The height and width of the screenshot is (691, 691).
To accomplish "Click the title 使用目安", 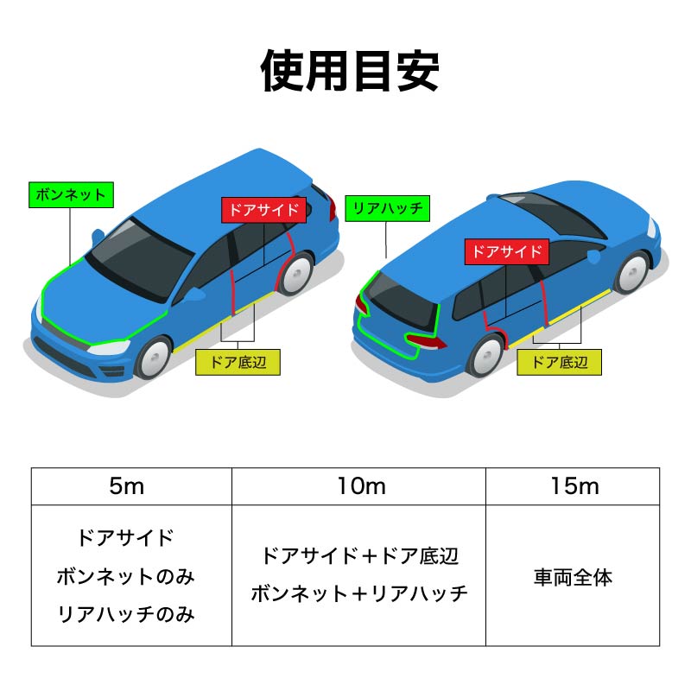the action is click(350, 71).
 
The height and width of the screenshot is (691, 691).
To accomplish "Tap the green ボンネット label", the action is click(71, 195).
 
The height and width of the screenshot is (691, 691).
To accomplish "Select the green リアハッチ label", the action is click(387, 208).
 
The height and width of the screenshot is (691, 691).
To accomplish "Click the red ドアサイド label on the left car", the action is click(263, 210).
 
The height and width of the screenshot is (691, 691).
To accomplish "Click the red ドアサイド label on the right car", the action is click(507, 252).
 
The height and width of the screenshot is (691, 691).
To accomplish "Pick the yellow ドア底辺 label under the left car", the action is click(238, 362).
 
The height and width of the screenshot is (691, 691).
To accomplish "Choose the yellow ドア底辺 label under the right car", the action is click(559, 362).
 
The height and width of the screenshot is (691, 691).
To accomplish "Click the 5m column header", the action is click(127, 486).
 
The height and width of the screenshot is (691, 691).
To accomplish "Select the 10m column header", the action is click(361, 486).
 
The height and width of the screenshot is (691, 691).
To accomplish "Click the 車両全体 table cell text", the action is click(573, 578).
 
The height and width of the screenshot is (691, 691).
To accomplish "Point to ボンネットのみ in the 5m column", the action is click(126, 576).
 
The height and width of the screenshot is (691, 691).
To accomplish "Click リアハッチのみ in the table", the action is click(126, 614).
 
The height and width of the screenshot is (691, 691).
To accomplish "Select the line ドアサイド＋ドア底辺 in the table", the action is click(359, 555).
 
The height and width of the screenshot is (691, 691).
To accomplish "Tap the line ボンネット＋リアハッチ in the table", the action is click(359, 593).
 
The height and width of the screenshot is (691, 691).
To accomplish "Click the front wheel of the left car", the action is click(154, 358).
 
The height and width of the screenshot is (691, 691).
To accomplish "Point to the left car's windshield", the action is click(140, 259).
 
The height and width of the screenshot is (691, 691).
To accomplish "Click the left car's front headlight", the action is click(109, 348).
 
